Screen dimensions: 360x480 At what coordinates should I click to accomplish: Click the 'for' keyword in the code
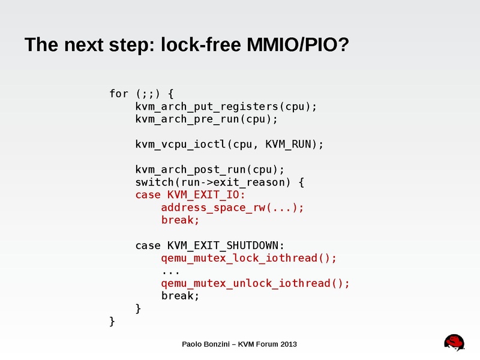[119, 94]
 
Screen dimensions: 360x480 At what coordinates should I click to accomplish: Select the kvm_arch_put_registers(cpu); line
[226, 106]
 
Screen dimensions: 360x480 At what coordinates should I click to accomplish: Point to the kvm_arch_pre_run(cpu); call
[206, 119]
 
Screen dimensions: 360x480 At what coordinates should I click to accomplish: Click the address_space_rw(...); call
[232, 208]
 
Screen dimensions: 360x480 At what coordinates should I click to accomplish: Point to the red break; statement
[180, 220]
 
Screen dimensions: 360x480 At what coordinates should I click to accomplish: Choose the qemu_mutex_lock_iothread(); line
[249, 258]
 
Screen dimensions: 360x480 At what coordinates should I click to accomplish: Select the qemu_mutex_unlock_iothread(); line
[255, 283]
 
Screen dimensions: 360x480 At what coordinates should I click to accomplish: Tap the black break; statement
[180, 296]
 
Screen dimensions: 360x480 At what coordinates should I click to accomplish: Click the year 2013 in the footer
[287, 344]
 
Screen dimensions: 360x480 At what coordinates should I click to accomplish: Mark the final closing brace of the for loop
[112, 321]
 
